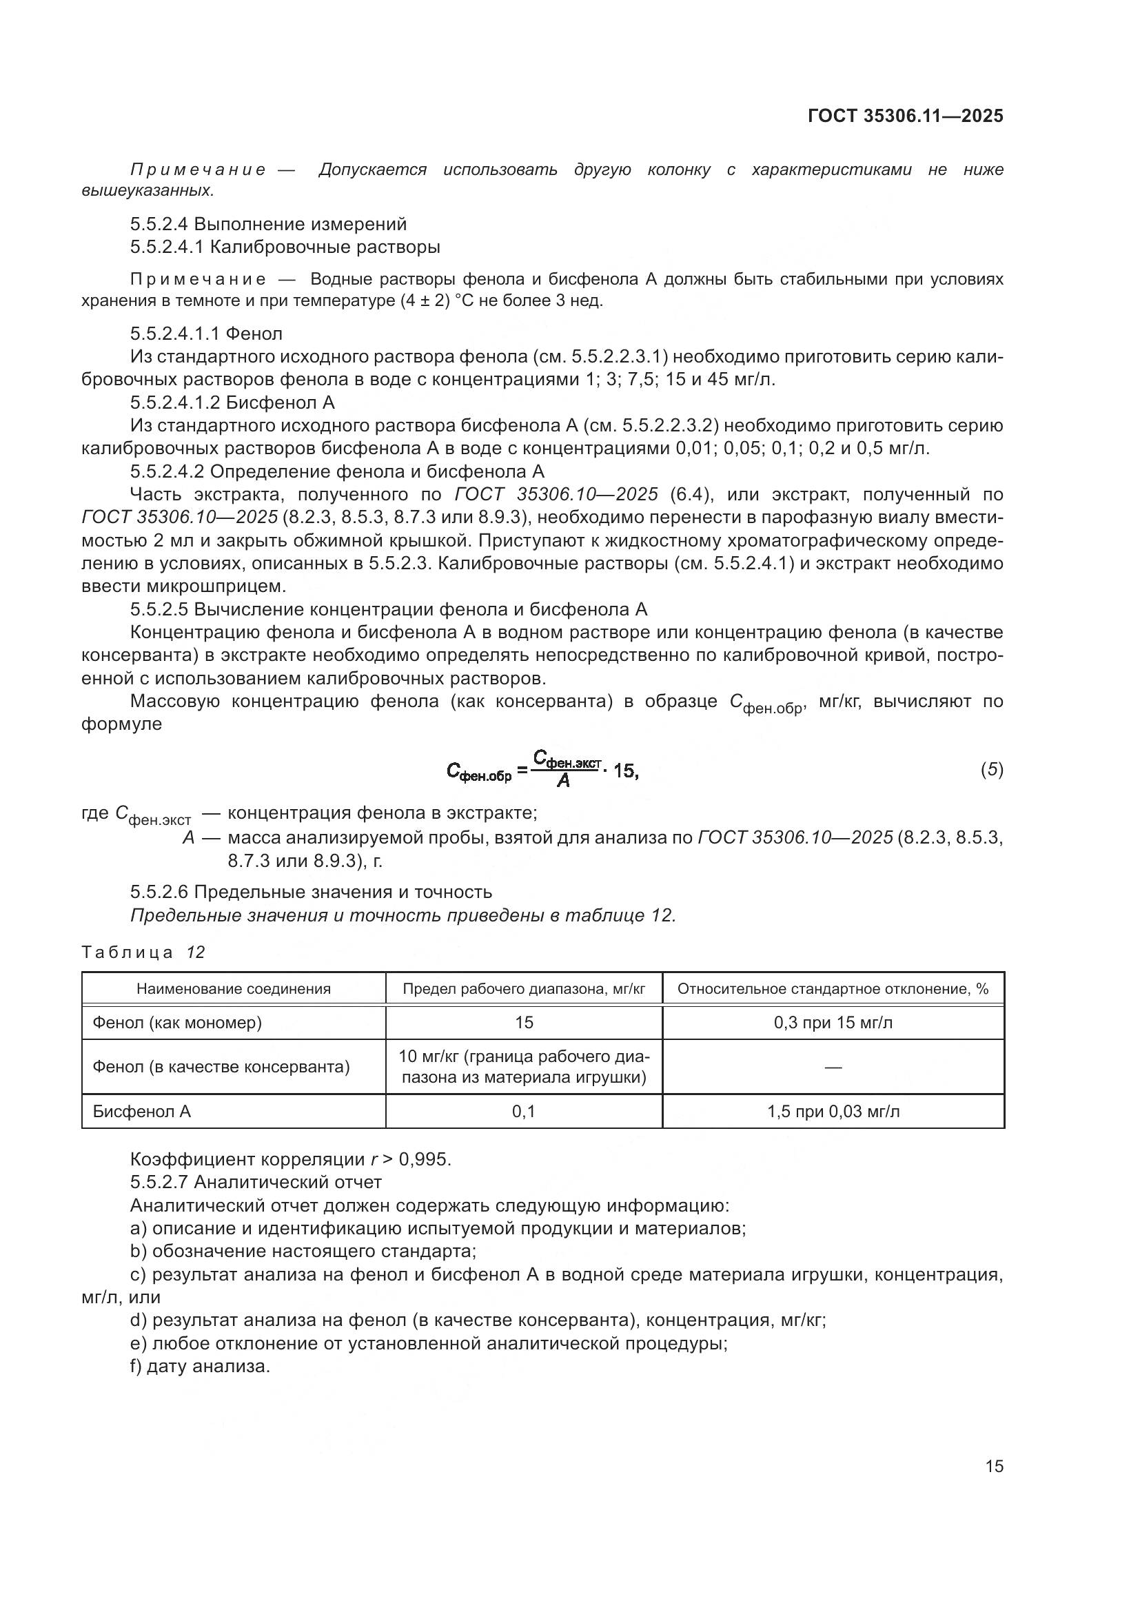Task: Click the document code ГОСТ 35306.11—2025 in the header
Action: pyautogui.click(x=905, y=116)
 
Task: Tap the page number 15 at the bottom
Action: pyautogui.click(x=994, y=1466)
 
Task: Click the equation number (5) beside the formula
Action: pyautogui.click(x=991, y=770)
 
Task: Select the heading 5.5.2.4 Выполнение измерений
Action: pyautogui.click(x=268, y=224)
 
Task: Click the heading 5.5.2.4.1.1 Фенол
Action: pyautogui.click(x=206, y=334)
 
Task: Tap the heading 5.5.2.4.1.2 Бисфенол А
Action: pyautogui.click(x=232, y=402)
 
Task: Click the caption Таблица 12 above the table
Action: pyautogui.click(x=143, y=952)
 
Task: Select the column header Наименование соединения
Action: pyautogui.click(x=233, y=989)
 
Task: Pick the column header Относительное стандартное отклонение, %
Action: pyautogui.click(x=833, y=989)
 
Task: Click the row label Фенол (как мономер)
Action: pyautogui.click(x=177, y=1022)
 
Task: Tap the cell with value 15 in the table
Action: pyautogui.click(x=524, y=1022)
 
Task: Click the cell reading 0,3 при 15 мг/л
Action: pyautogui.click(x=833, y=1022)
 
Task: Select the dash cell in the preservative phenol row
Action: pyautogui.click(x=833, y=1067)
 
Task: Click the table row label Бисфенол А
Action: pyautogui.click(x=142, y=1112)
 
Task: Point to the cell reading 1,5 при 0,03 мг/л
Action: pyautogui.click(x=833, y=1112)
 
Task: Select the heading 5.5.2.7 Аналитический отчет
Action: pyautogui.click(x=256, y=1183)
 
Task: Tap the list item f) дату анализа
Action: pyautogui.click(x=200, y=1366)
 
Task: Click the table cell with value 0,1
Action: pyautogui.click(x=524, y=1112)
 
